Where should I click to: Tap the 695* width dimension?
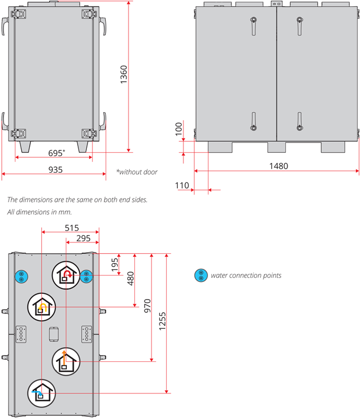[x=56, y=153]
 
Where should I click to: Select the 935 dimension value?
[x=55, y=169]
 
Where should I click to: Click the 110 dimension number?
[x=182, y=185]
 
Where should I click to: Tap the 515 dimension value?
[x=71, y=227]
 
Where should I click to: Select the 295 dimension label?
[x=83, y=238]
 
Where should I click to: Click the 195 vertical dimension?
[x=114, y=264]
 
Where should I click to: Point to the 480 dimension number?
[x=130, y=278]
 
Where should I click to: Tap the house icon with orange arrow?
[x=43, y=307]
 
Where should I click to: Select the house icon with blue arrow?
[x=43, y=393]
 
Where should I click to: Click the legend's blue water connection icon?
[x=201, y=276]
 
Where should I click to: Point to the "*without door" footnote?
[x=137, y=172]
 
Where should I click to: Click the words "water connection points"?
[x=246, y=276]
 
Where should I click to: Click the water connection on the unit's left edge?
[x=21, y=276]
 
